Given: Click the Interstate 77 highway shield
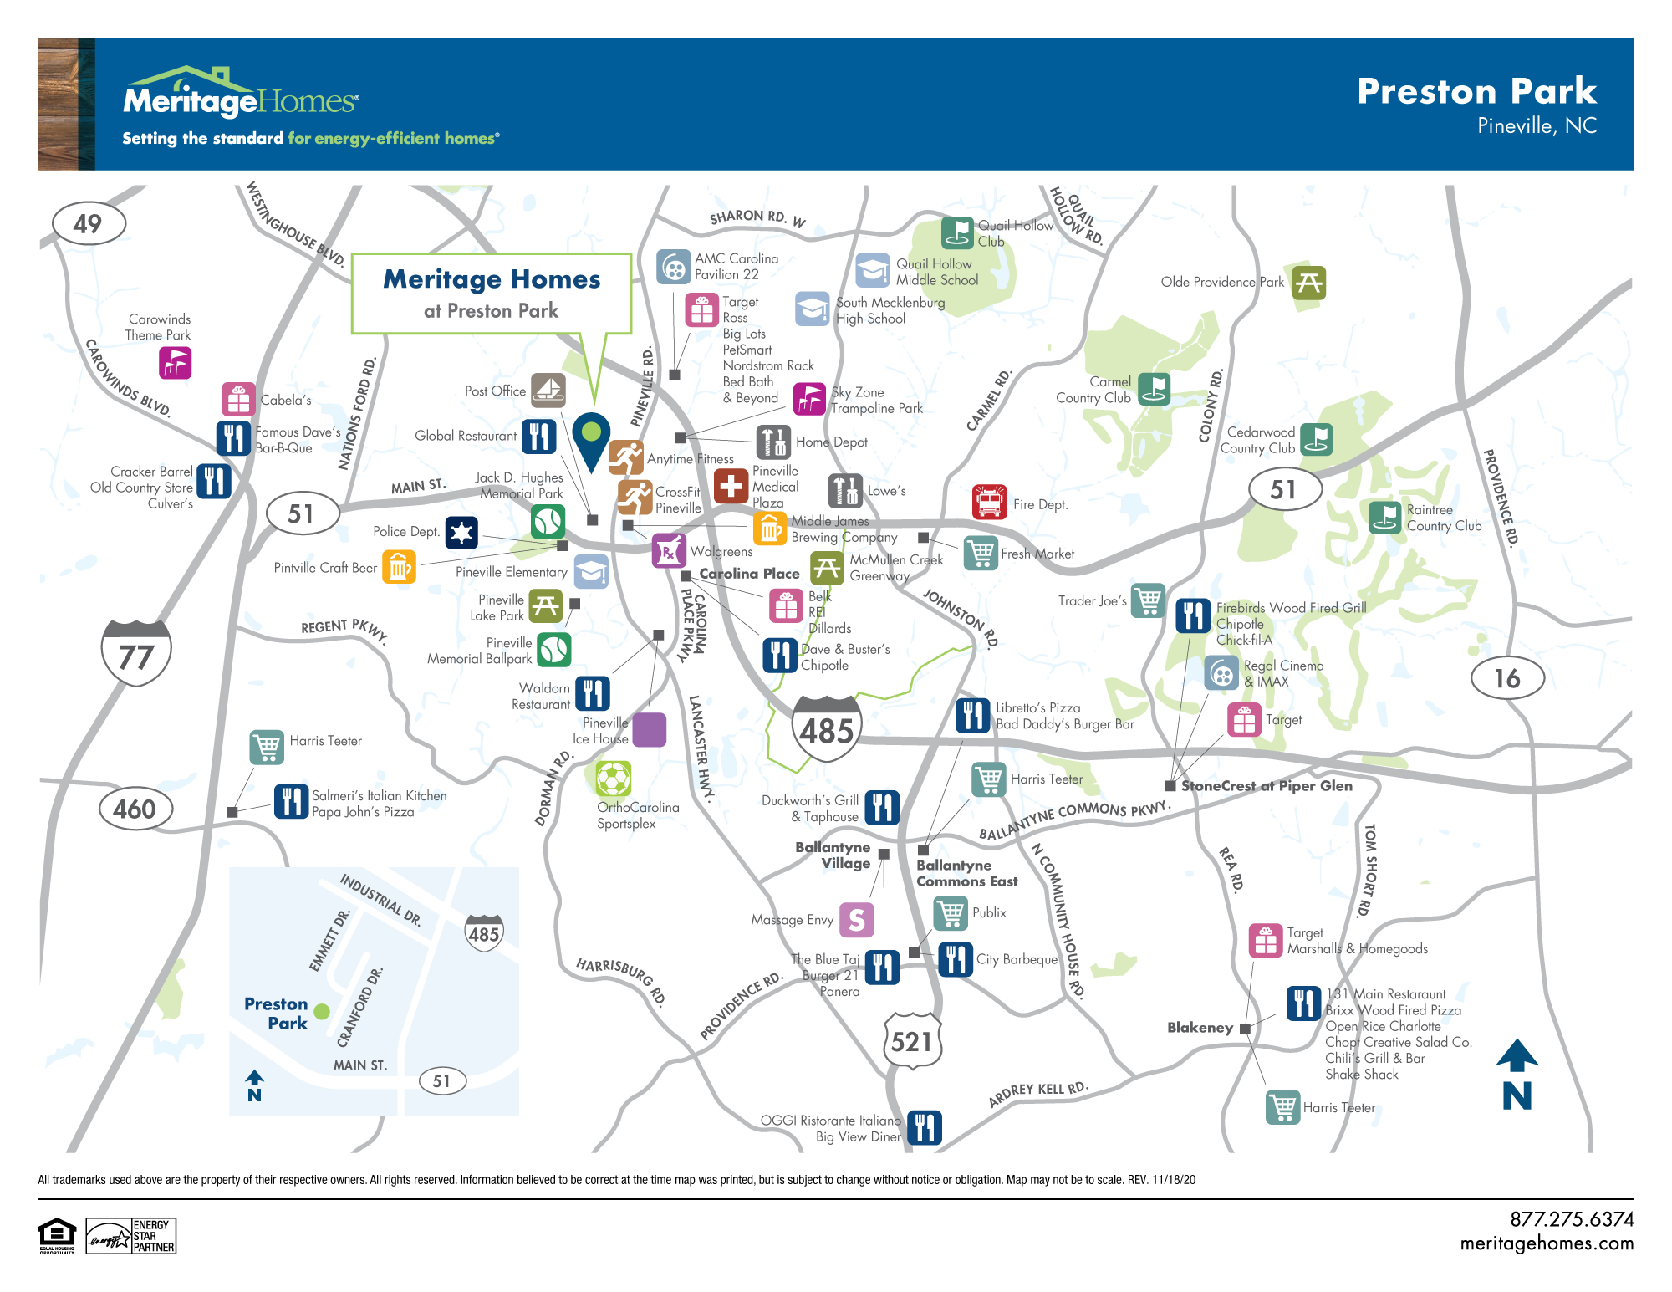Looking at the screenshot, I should point(136,653).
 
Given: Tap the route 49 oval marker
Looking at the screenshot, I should point(89,223).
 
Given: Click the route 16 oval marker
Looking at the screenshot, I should point(1506,678).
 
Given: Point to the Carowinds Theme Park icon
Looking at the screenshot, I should point(176,363).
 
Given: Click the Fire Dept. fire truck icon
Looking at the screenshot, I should point(990,503).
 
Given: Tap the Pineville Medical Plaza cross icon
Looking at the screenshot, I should point(731,486).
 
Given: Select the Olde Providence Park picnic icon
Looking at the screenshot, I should point(1308,283).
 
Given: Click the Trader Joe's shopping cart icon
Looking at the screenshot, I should point(1149,600).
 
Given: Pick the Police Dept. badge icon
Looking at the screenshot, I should point(461,532).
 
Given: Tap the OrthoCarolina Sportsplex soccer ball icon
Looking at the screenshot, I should point(614,779).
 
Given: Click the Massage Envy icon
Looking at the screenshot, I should point(856,920).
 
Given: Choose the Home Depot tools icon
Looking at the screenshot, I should point(773,442).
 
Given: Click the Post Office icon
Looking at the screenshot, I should point(548,390).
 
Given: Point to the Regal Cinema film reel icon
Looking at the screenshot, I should point(1221,672).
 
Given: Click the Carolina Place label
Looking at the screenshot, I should point(749,574).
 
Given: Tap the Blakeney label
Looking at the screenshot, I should point(1200,1028).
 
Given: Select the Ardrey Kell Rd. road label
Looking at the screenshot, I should point(1038,1093).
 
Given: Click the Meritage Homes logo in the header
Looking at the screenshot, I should point(241,98).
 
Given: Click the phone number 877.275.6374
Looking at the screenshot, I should point(1572,1219).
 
